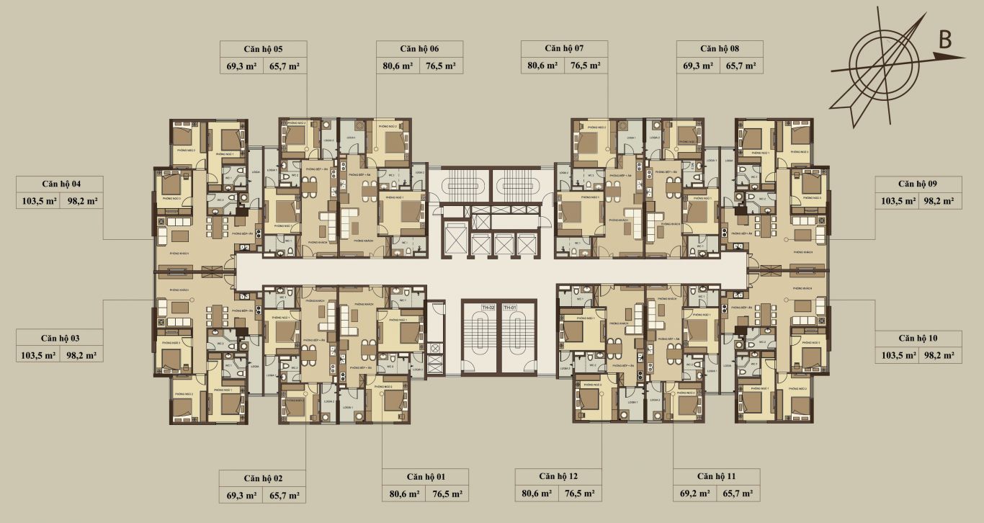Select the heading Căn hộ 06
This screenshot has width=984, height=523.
coord(419,49)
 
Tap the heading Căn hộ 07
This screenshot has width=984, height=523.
coord(563,48)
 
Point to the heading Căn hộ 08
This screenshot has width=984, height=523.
coord(719,49)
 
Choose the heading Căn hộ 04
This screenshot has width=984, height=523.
coord(61,183)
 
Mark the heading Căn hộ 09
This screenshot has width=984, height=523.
coord(917,183)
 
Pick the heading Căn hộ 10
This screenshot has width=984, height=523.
coord(917,338)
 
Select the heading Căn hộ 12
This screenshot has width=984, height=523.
coord(558,476)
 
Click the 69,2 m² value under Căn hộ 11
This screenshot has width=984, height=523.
coord(695,494)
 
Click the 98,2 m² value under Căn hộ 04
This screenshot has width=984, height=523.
coord(81,201)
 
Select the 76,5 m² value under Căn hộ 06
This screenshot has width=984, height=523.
coord(441,66)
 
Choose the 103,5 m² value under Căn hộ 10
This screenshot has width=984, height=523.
coord(896,355)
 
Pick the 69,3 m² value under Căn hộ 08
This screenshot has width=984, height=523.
coord(698,66)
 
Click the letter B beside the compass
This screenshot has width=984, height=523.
coord(944,40)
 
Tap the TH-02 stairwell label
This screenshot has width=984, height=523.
coord(489,308)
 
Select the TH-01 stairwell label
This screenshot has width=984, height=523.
coord(510,308)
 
